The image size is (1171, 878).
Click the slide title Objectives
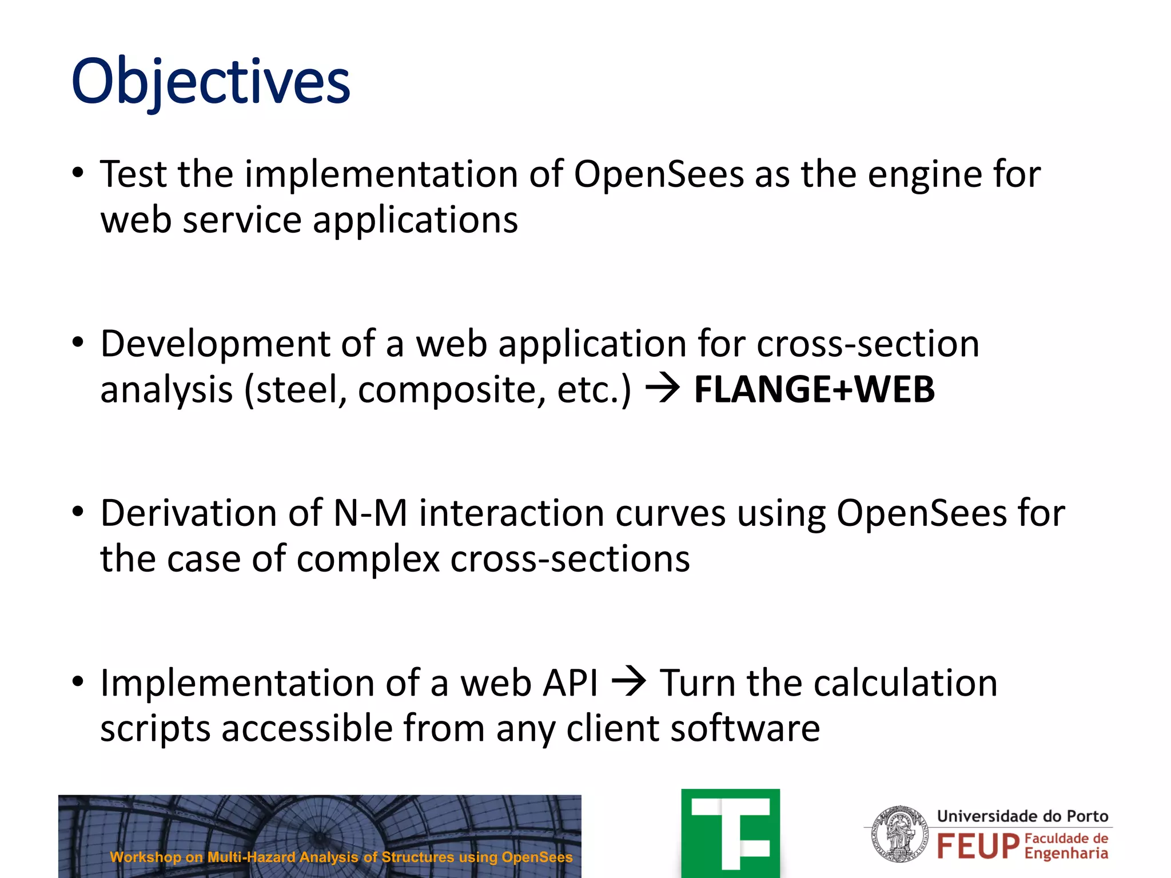click(210, 82)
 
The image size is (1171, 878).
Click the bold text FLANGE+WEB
click(814, 389)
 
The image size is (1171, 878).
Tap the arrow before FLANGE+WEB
click(662, 389)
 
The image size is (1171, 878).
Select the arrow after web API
click(628, 682)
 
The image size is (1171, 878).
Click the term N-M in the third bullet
click(370, 513)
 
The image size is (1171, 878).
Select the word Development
click(214, 344)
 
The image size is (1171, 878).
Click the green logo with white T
click(730, 833)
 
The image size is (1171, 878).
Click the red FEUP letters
click(978, 847)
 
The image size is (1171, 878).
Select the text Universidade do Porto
click(1022, 816)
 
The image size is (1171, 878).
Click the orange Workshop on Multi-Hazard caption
click(341, 857)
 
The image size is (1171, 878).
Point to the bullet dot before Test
click(78, 173)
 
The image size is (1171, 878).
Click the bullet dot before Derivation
click(78, 512)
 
